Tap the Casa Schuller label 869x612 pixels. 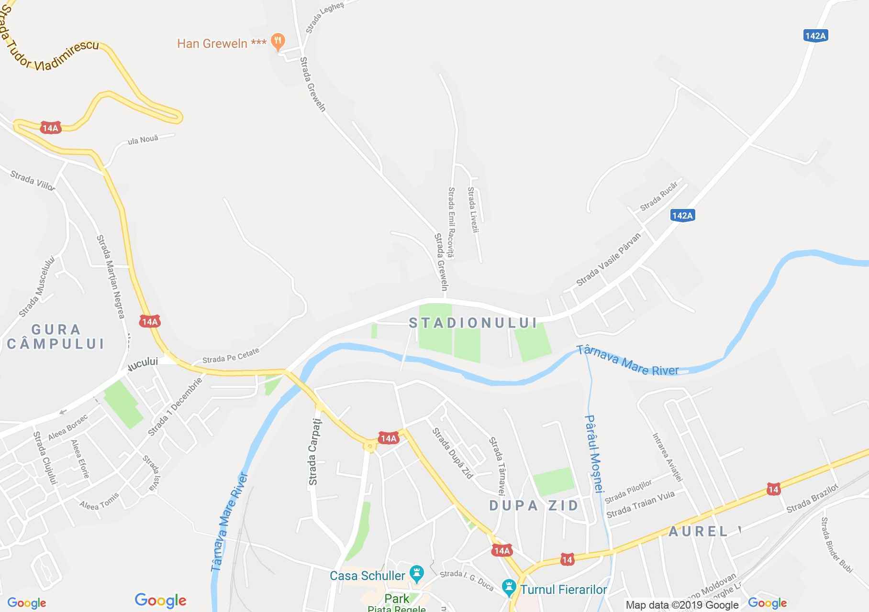(x=368, y=575)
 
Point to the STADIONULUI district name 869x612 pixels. (x=473, y=323)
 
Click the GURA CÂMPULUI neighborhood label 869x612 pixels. (x=56, y=337)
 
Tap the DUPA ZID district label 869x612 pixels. (x=534, y=506)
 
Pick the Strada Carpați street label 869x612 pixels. (x=314, y=452)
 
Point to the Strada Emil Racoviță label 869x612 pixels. (x=451, y=222)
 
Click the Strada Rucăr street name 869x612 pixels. (x=659, y=197)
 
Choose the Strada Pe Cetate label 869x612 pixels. (x=231, y=356)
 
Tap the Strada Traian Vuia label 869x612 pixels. (x=640, y=504)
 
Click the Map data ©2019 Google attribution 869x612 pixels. (x=682, y=605)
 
